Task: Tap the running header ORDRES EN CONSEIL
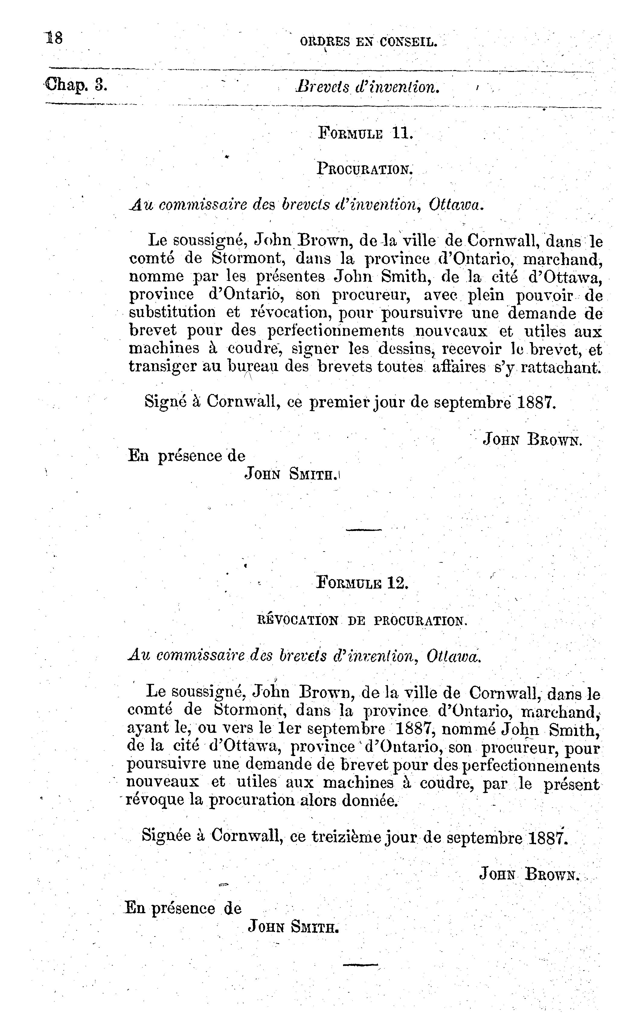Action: [x=368, y=42]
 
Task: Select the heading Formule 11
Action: [x=365, y=133]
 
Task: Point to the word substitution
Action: [x=172, y=313]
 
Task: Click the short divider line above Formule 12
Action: [x=364, y=529]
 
